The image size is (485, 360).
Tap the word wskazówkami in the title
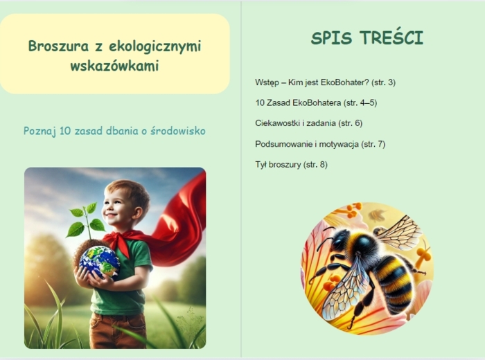(x=114, y=66)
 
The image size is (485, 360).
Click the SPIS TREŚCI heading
(x=367, y=38)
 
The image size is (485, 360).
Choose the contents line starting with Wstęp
(x=325, y=82)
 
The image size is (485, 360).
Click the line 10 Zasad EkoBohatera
(x=316, y=103)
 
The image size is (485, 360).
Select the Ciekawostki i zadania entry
(x=308, y=123)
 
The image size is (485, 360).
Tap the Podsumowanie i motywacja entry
(x=320, y=144)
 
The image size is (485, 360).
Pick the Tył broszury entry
(x=291, y=164)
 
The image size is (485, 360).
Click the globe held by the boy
(x=100, y=261)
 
